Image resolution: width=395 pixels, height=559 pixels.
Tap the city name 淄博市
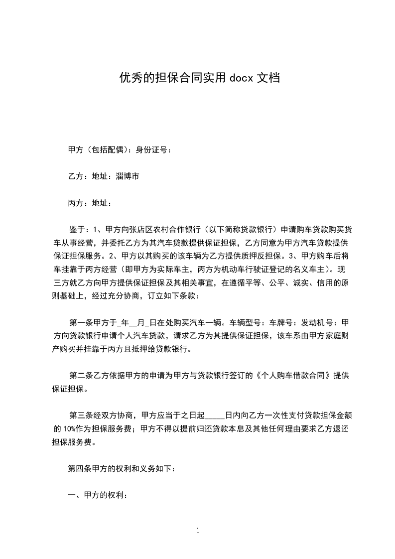128,176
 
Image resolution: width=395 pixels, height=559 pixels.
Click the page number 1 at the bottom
198,531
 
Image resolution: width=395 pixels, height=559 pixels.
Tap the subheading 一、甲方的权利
98,496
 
